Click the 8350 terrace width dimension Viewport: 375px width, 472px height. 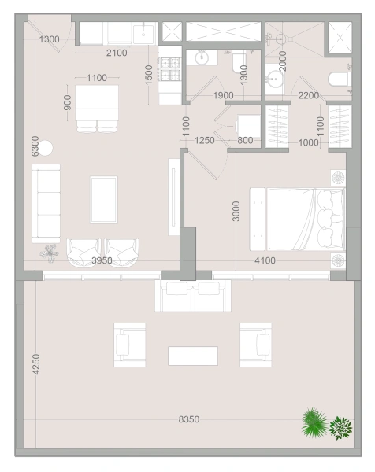(x=189, y=419)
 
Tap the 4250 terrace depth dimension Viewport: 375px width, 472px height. (x=36, y=364)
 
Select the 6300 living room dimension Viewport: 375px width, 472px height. (x=35, y=146)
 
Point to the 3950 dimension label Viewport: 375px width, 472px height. (x=102, y=260)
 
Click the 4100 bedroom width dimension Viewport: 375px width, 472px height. (x=265, y=260)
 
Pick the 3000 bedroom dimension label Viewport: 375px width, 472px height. (x=236, y=211)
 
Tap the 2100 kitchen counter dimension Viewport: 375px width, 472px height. (x=117, y=53)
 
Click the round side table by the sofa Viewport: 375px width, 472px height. (x=45, y=148)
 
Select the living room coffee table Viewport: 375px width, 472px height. (x=104, y=200)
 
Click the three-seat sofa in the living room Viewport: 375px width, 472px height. (x=46, y=203)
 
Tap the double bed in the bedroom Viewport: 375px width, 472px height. (x=297, y=219)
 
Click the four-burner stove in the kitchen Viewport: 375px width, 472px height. (x=170, y=70)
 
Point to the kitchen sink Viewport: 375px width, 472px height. (x=143, y=35)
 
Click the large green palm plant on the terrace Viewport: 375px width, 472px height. (x=314, y=422)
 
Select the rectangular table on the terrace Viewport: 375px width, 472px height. (x=193, y=356)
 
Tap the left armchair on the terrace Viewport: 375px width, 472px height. (x=130, y=345)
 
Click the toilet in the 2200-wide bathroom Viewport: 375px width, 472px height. (x=340, y=79)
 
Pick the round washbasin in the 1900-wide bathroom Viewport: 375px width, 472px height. (x=202, y=57)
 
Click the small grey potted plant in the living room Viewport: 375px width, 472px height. (x=49, y=253)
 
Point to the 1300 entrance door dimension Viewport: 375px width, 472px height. (x=49, y=39)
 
